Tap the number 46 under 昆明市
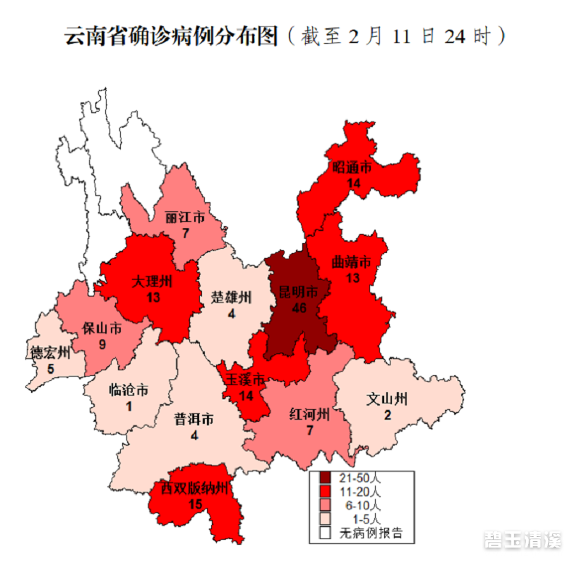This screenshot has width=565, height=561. [x=295, y=307]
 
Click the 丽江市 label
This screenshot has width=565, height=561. [x=185, y=217]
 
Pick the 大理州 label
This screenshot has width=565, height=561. [x=152, y=281]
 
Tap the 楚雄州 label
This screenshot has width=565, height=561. [x=231, y=297]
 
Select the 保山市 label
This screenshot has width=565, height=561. [x=102, y=329]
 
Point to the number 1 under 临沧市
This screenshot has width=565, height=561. [x=129, y=406]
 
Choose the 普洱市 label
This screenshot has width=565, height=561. [x=194, y=419]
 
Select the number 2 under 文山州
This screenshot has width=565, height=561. [x=387, y=415]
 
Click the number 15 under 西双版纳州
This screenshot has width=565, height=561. [x=196, y=504]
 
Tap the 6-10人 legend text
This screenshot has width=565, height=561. [x=366, y=505]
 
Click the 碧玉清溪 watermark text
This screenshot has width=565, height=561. [x=522, y=540]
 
